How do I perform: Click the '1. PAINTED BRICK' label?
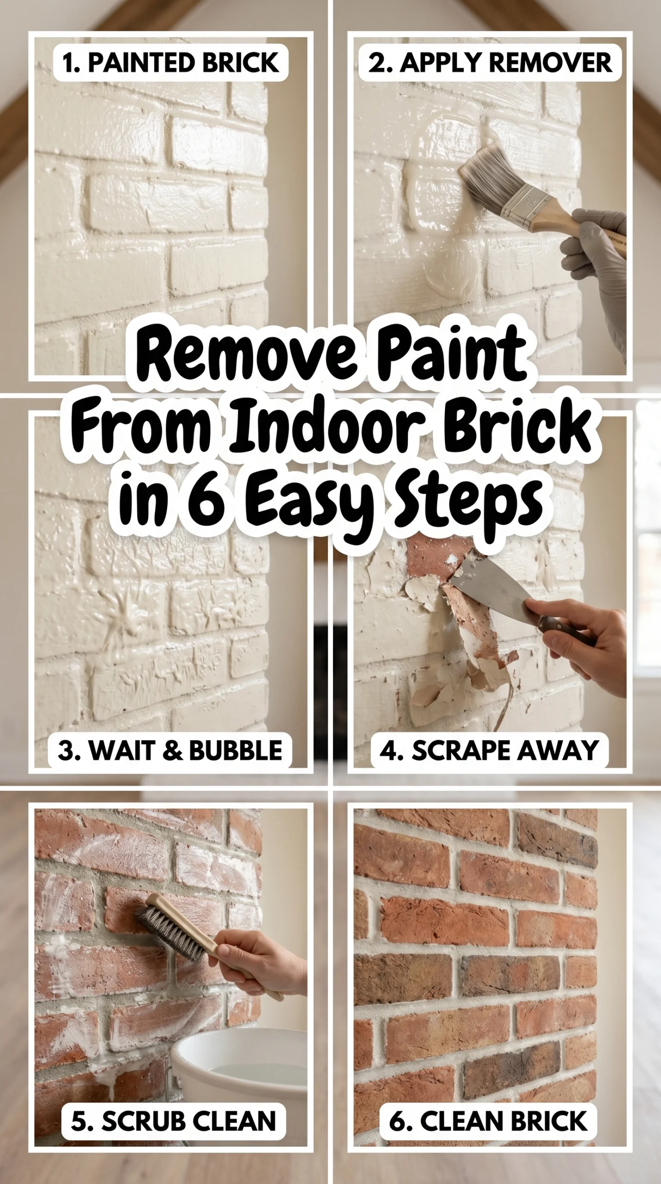coord(171,63)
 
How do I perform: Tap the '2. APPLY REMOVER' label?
coord(490,63)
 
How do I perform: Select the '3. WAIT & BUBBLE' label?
coord(170,750)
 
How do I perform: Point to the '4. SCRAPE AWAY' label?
coord(489,750)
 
